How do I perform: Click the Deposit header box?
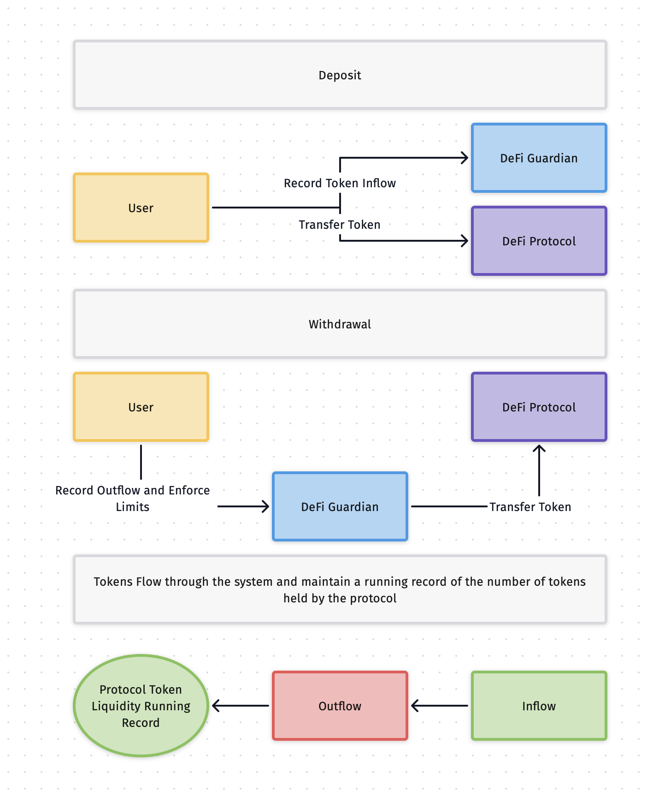click(340, 75)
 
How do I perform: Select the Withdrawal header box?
click(340, 324)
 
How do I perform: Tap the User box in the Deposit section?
click(141, 208)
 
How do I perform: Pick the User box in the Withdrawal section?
click(141, 407)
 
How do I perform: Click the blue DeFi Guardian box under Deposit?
click(539, 158)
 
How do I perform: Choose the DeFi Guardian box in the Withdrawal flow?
click(340, 506)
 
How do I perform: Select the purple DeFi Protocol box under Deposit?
click(539, 241)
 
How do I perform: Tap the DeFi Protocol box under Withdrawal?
click(539, 407)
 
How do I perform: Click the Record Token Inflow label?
click(340, 183)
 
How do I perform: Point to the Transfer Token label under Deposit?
click(340, 225)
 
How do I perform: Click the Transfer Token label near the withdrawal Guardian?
click(530, 507)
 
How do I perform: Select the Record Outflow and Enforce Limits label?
click(132, 498)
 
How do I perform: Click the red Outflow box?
click(340, 706)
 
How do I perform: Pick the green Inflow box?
click(539, 706)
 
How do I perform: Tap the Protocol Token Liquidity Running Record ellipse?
click(141, 706)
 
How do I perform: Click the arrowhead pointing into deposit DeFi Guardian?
click(465, 158)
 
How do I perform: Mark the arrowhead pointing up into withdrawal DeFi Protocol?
click(539, 448)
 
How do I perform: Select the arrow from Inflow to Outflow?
click(439, 706)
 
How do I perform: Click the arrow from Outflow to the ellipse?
click(240, 706)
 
